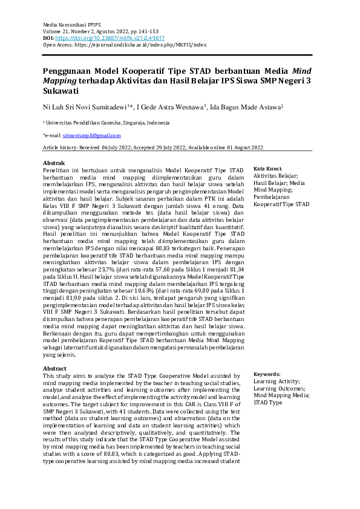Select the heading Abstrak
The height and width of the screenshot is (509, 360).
(53, 163)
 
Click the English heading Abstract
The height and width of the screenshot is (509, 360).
(54, 369)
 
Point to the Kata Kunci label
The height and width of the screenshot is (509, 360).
(268, 169)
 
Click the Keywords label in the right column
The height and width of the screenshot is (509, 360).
(267, 374)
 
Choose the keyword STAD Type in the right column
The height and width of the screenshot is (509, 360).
(267, 402)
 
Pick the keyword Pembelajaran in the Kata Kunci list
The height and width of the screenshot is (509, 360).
(272, 197)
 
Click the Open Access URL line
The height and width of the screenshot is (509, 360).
(125, 45)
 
